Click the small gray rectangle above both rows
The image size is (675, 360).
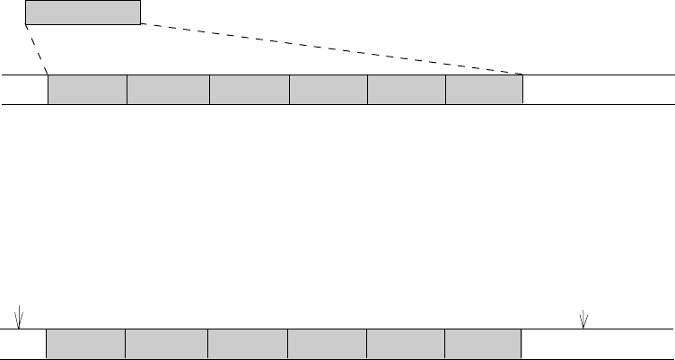pos(83,13)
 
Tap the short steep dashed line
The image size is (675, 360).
pos(37,49)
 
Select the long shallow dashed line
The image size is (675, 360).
pos(332,48)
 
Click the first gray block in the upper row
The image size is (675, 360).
pos(87,90)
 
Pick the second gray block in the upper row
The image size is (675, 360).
pos(168,90)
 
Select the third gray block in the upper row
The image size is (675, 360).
pos(250,90)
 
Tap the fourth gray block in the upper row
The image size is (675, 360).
pos(329,90)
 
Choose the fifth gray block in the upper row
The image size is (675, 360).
pos(407,90)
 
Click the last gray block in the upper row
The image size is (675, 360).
pos(484,90)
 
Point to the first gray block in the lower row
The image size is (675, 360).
pos(85,345)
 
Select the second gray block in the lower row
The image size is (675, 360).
pos(166,345)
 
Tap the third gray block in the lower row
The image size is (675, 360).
pos(248,345)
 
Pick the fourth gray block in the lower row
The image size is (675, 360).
pos(327,345)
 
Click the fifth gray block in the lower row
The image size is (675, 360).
pos(405,345)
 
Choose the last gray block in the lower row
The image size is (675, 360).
pos(482,345)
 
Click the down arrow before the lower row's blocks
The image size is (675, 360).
pos(20,318)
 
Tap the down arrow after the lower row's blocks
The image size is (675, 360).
pos(584,319)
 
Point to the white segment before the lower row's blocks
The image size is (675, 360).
pos(23,345)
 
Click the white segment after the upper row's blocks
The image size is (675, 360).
pos(598,90)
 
